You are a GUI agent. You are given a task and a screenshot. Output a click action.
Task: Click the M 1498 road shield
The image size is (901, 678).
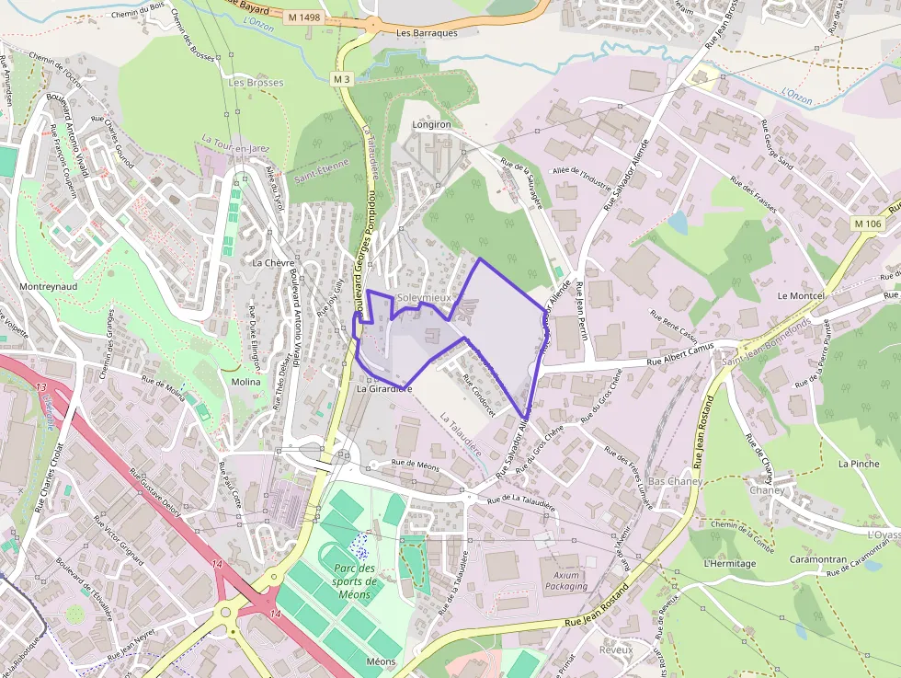click(303, 17)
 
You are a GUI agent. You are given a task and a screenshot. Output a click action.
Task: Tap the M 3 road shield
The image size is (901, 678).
click(343, 79)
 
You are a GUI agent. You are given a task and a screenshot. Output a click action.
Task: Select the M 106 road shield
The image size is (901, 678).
click(867, 224)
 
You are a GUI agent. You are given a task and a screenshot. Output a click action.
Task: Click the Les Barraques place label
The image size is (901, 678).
click(427, 33)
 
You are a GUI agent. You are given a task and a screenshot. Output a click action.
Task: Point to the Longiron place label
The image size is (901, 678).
click(432, 124)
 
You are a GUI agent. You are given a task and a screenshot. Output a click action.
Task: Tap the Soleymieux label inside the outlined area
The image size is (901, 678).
click(424, 299)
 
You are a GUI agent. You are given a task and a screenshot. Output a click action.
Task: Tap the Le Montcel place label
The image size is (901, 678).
click(801, 296)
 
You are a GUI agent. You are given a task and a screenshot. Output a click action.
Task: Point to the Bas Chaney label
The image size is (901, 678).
click(676, 481)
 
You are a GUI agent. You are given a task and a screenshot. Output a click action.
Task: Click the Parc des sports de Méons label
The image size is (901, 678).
click(355, 581)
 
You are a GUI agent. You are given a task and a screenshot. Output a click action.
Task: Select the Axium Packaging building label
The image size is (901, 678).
click(566, 580)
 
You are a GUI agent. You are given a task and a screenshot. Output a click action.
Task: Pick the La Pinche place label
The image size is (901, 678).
click(859, 464)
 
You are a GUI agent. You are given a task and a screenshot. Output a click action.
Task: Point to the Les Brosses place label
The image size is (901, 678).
click(256, 83)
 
